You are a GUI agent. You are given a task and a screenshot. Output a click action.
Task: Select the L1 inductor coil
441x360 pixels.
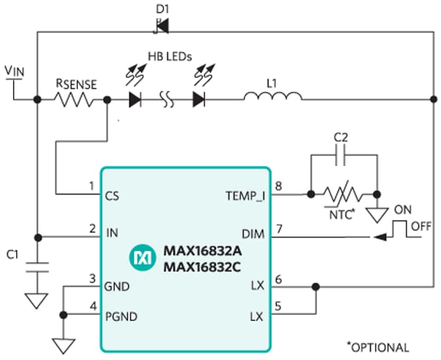point(272,99)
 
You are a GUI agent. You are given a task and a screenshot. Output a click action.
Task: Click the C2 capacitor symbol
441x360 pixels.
point(344,155)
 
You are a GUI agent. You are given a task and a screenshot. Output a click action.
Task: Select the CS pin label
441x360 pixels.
point(112,194)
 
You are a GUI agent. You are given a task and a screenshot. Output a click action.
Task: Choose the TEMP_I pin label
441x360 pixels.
point(245,194)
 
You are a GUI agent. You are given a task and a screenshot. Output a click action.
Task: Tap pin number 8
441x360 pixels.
point(278,186)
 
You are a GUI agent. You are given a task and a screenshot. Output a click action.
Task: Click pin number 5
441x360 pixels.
point(278,307)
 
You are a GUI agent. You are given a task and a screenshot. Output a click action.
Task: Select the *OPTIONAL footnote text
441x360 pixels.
point(378,347)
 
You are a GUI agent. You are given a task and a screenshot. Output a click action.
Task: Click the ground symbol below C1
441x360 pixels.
point(38,300)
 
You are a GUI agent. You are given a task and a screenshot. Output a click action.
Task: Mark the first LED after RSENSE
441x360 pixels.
point(136,100)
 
